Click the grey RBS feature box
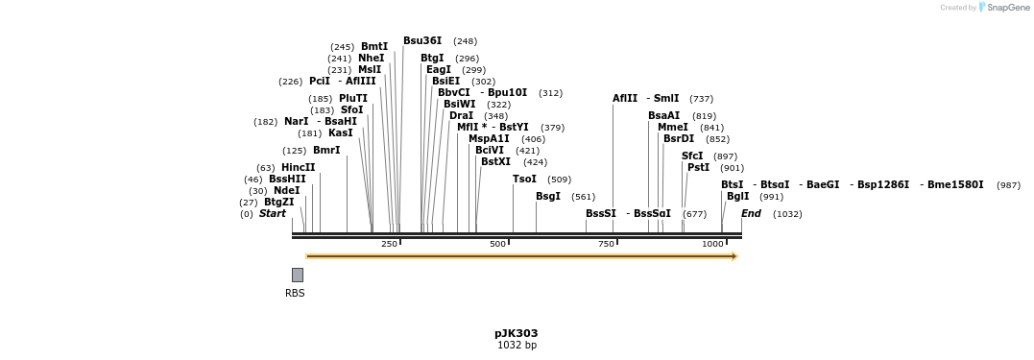pos(298,275)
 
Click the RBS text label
pos(295,294)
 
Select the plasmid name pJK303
pos(517,334)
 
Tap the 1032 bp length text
pos(517,345)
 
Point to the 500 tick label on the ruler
pos(498,244)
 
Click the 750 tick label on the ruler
pos(606,244)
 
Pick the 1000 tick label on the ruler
pos(712,244)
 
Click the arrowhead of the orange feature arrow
pos(733,256)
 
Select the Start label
pos(273,214)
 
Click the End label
pos(751,214)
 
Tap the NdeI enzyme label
pos(287,190)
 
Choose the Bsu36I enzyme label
pos(422,41)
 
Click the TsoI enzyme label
pos(525,180)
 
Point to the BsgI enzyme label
pos(548,197)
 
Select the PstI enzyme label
pos(698,167)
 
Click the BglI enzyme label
pos(738,197)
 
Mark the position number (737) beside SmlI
pos(702,99)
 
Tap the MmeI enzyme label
pos(673,128)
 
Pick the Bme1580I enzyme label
pos(955,184)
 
